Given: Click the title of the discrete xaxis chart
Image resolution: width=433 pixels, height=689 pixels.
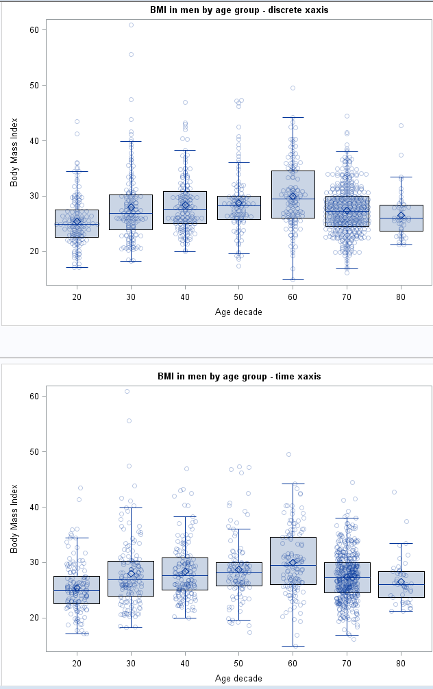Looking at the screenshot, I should [x=239, y=10].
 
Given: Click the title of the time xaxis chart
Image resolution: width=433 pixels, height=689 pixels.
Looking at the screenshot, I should [x=239, y=377].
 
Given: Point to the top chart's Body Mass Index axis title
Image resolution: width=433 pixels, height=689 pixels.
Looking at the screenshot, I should [x=14, y=152].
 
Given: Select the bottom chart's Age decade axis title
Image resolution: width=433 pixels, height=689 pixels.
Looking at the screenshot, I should [x=239, y=678].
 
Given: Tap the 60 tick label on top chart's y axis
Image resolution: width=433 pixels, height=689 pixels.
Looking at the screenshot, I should [x=34, y=29].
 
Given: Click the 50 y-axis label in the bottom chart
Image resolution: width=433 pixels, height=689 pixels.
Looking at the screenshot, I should [x=34, y=451].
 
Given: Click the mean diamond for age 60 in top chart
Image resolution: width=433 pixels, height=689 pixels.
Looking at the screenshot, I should [x=293, y=197].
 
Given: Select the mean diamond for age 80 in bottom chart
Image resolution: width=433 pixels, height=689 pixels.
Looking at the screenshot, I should [x=401, y=582].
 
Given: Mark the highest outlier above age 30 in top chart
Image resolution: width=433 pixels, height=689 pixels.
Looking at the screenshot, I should [x=131, y=25].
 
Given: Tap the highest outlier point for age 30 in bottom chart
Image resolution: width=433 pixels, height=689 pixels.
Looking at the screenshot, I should [x=127, y=392].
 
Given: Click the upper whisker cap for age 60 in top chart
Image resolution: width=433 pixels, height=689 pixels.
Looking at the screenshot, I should [x=293, y=117].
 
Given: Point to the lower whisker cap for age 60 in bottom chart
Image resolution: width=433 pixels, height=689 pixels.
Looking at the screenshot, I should [x=293, y=646].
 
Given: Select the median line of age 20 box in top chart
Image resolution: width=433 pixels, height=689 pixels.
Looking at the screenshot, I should [x=77, y=223].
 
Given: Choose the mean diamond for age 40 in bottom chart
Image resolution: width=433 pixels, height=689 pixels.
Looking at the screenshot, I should [x=185, y=571].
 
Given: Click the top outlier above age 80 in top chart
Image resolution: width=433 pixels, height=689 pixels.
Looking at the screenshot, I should [x=401, y=125].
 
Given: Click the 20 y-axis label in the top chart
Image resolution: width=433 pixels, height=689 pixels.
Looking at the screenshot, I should [x=34, y=251].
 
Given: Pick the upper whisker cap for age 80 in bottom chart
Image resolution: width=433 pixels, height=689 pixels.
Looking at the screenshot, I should [x=401, y=543].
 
